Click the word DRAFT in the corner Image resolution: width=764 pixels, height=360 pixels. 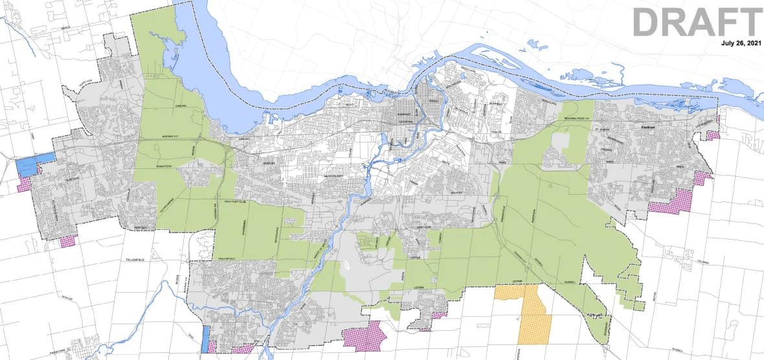(697, 22)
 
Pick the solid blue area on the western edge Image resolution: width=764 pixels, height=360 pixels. (34, 164)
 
